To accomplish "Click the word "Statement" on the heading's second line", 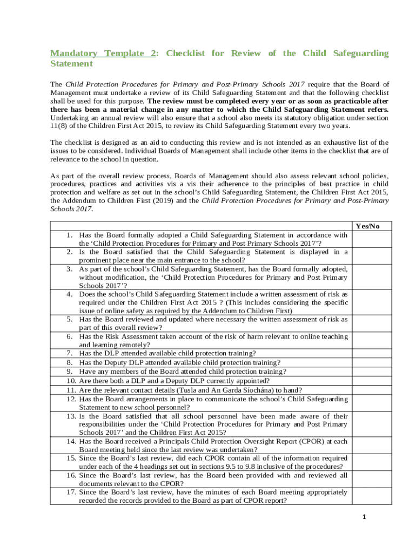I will click(71, 64).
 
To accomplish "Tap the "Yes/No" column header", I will click(367, 226).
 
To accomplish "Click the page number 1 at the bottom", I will click(365, 517).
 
